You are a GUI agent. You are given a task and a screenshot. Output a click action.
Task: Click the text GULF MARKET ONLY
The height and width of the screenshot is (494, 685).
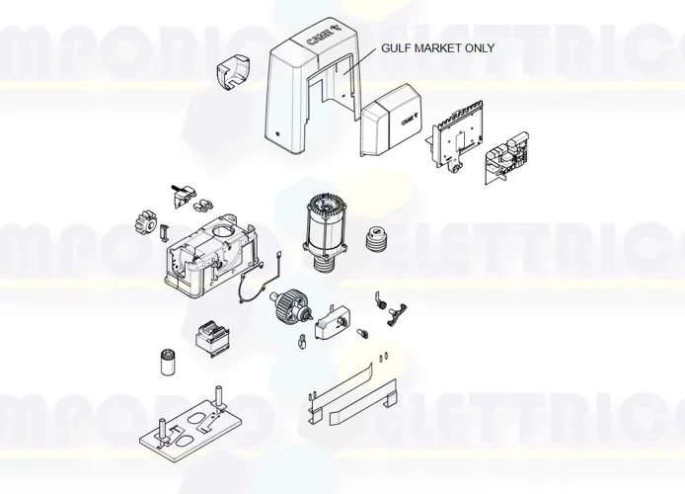438,47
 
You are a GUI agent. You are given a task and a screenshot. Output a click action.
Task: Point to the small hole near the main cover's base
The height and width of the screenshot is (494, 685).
278,135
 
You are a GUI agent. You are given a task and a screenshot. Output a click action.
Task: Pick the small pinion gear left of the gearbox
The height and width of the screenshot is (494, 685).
144,218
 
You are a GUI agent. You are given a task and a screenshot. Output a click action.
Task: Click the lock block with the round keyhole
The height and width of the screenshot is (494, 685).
332,321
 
